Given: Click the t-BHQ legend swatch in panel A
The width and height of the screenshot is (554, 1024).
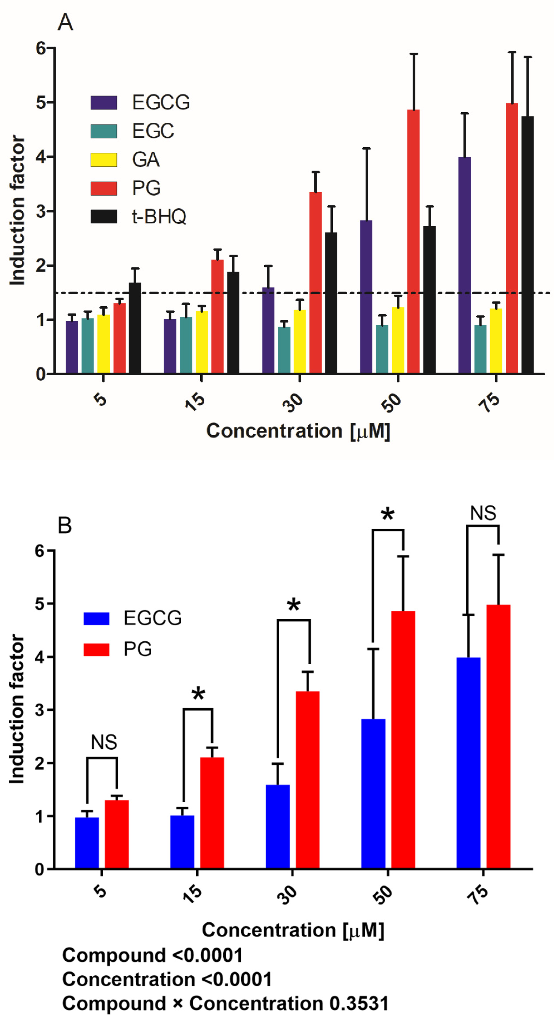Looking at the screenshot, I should (x=104, y=217).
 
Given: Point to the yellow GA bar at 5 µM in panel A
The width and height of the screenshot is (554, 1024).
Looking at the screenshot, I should (x=103, y=344).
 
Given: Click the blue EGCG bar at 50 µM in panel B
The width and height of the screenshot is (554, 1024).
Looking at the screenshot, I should (x=373, y=795).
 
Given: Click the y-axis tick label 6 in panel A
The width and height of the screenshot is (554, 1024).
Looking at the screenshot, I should (x=41, y=49).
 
